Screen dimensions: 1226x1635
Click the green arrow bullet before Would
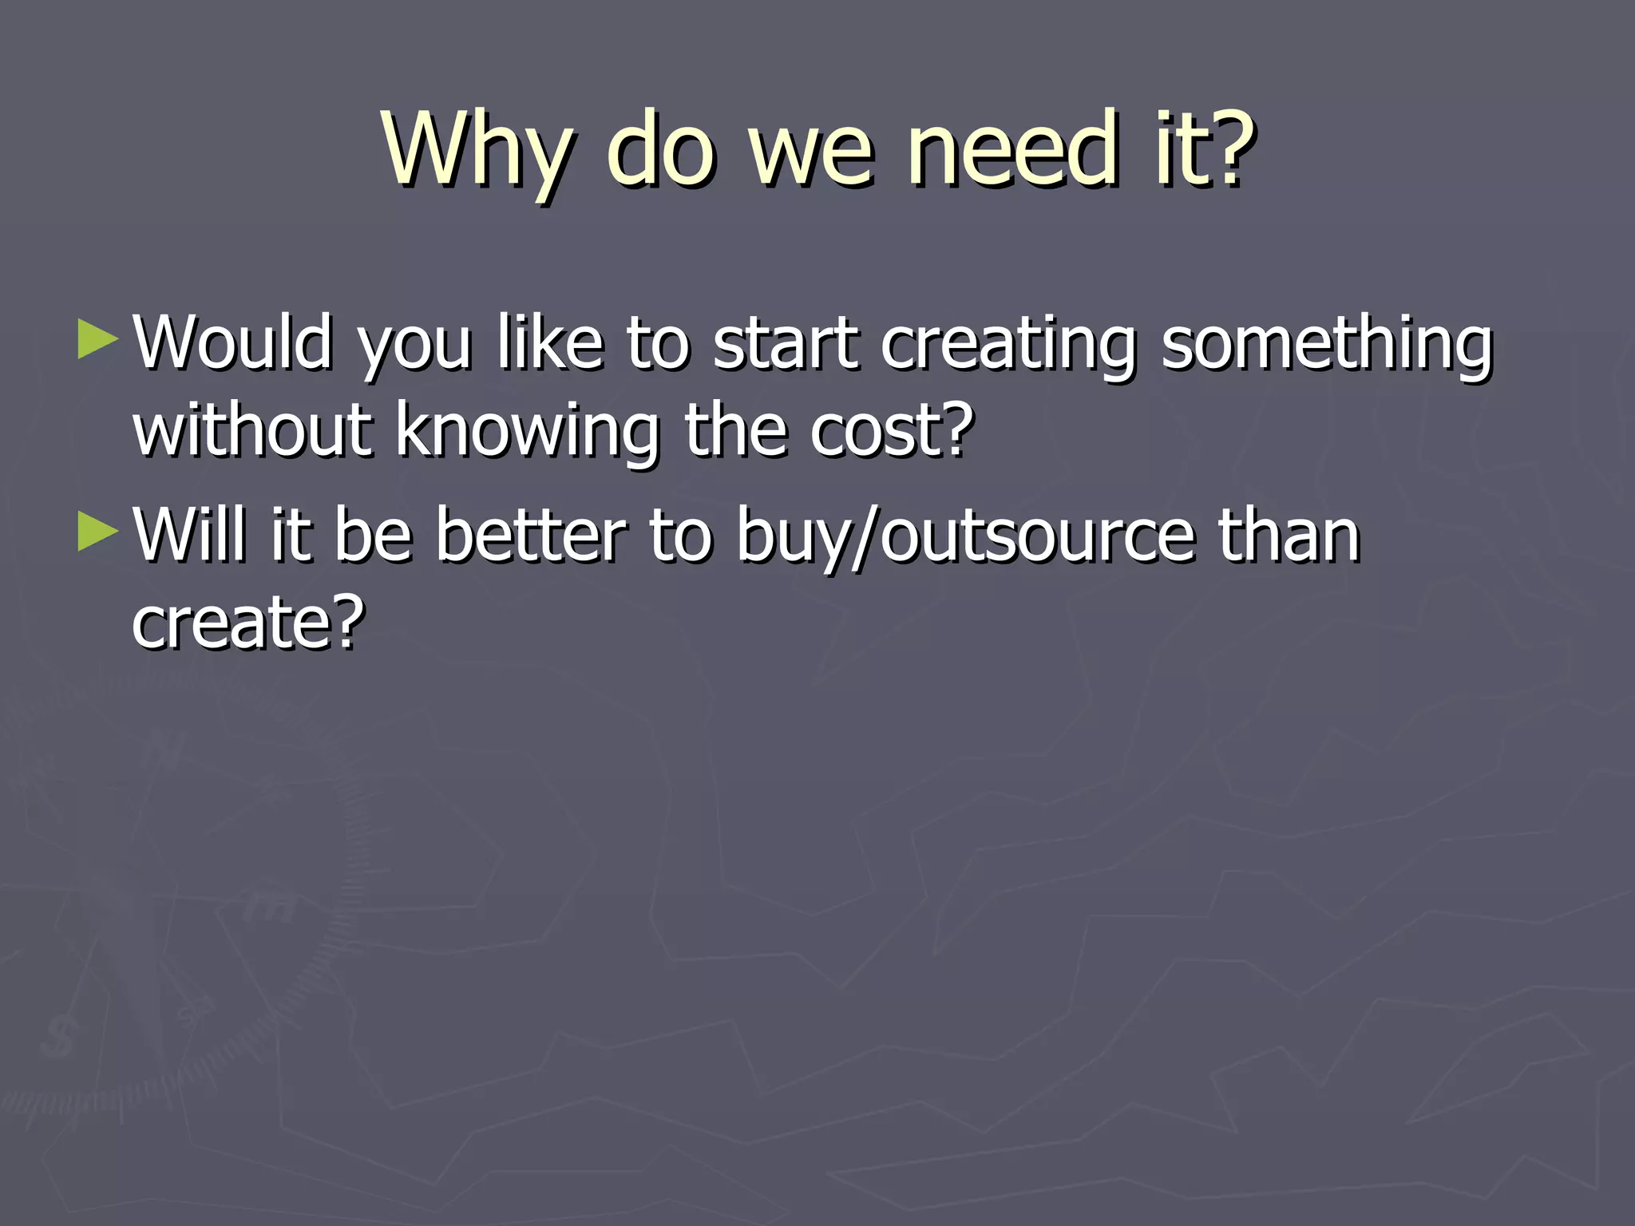97,339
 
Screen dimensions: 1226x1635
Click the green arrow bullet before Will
97,532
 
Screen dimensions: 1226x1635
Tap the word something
1326,345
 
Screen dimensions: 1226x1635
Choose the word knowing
528,432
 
